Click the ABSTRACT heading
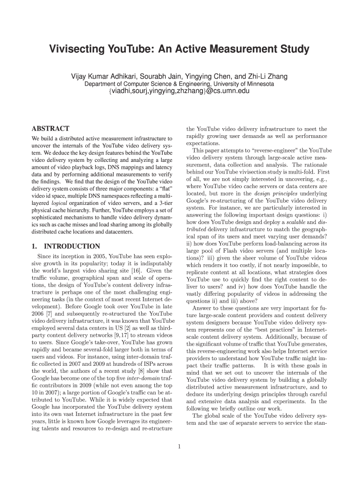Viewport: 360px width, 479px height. point(50,129)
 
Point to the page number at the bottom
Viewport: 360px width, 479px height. point(180,446)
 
